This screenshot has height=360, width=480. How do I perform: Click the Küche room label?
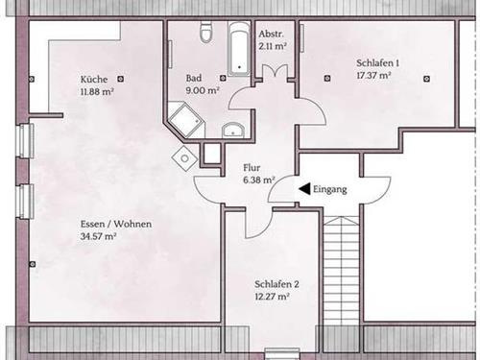tap(93, 79)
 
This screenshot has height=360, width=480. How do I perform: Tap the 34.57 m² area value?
tap(99, 235)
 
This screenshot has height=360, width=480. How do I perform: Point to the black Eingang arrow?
tap(304, 189)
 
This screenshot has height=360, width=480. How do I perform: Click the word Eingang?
tap(330, 189)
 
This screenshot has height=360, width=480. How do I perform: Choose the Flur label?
tap(252, 166)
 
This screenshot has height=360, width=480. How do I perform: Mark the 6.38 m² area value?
tap(259, 179)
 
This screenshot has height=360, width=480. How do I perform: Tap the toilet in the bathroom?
tap(204, 35)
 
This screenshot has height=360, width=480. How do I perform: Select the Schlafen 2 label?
tap(277, 284)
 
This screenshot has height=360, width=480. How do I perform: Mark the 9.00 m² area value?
tap(204, 91)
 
